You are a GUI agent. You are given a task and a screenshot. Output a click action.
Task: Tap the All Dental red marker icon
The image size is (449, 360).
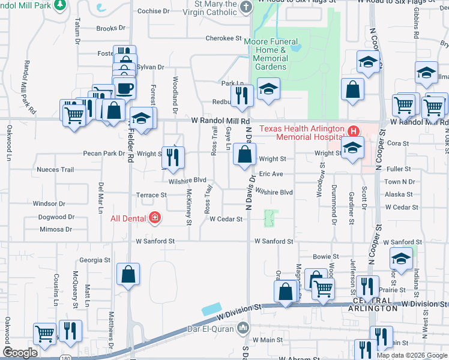point(155,217)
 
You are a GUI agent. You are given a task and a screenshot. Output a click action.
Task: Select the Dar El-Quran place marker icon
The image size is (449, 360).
point(242,328)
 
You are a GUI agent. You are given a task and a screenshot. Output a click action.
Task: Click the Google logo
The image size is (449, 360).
point(20,353)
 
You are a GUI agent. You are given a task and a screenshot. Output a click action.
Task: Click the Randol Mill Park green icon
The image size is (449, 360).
point(59,5)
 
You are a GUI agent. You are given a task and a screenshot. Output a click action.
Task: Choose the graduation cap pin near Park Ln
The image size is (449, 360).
point(269,89)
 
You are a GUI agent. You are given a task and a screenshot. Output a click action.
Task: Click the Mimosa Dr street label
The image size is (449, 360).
point(55,229)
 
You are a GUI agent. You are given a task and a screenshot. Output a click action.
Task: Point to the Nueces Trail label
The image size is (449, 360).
point(55,170)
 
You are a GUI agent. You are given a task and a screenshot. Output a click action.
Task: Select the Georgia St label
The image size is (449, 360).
point(94,260)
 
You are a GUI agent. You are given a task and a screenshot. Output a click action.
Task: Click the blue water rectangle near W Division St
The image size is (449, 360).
point(211,309)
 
